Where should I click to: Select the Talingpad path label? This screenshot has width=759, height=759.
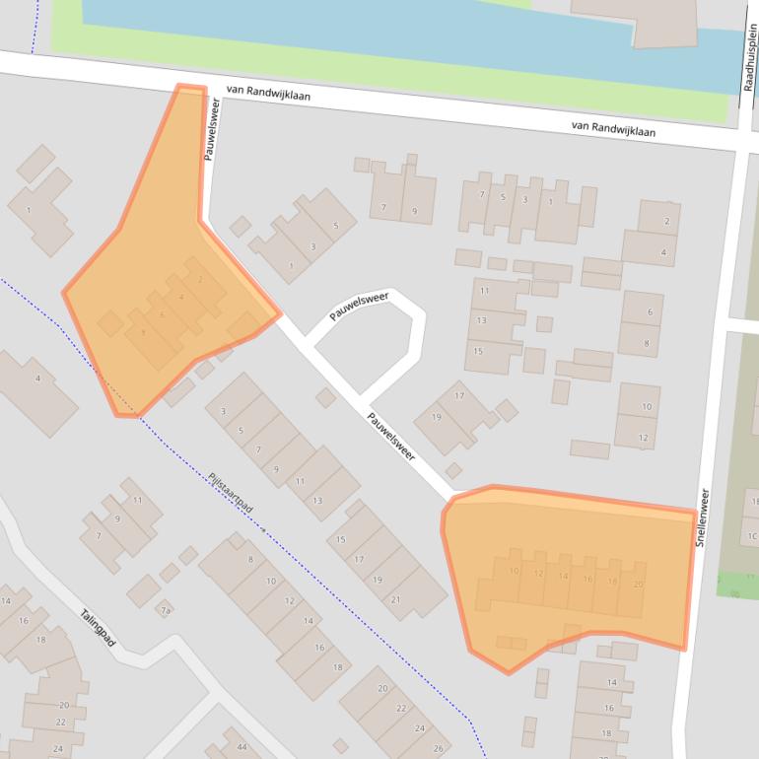coord(98,628)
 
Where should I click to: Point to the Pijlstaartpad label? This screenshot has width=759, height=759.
coord(231,493)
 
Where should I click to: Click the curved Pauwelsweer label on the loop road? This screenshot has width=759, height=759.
coord(359,306)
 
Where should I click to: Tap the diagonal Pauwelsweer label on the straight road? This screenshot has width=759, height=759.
coord(390,436)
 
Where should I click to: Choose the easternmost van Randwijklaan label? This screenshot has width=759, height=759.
coord(613,128)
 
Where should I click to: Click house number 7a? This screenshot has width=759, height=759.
coord(166,611)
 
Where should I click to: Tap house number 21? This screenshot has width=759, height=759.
coord(395,599)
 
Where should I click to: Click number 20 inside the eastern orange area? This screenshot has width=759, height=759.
coord(637,585)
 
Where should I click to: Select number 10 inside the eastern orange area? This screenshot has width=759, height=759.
coord(514,571)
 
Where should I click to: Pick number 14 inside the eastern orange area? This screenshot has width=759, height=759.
coord(563,575)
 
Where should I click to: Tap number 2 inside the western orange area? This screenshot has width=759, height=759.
coord(200,280)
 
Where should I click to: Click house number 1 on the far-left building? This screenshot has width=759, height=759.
coord(29,210)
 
